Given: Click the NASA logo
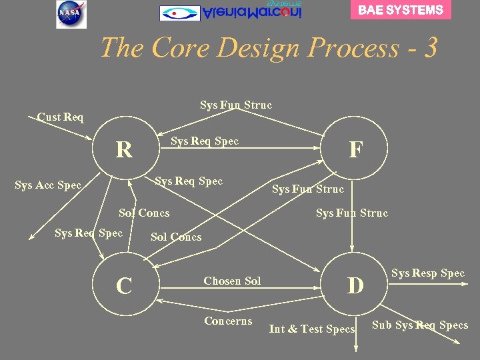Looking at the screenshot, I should [71, 14].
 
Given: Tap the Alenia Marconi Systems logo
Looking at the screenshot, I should [231, 12].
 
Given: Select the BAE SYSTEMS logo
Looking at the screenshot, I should [401, 10].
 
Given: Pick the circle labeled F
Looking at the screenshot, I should [356, 149].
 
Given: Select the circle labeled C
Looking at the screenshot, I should [124, 285].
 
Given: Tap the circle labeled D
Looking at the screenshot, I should [356, 285].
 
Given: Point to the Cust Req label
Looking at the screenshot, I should [61, 117].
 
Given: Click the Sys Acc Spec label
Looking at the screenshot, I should [48, 185].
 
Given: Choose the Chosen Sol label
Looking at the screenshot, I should [232, 281].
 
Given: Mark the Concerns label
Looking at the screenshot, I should [228, 321].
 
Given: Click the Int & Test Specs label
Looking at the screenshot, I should [311, 329].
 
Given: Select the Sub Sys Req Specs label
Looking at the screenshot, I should [420, 325].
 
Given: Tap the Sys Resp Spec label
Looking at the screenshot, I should [428, 273].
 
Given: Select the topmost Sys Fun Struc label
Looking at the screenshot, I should [236, 105].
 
